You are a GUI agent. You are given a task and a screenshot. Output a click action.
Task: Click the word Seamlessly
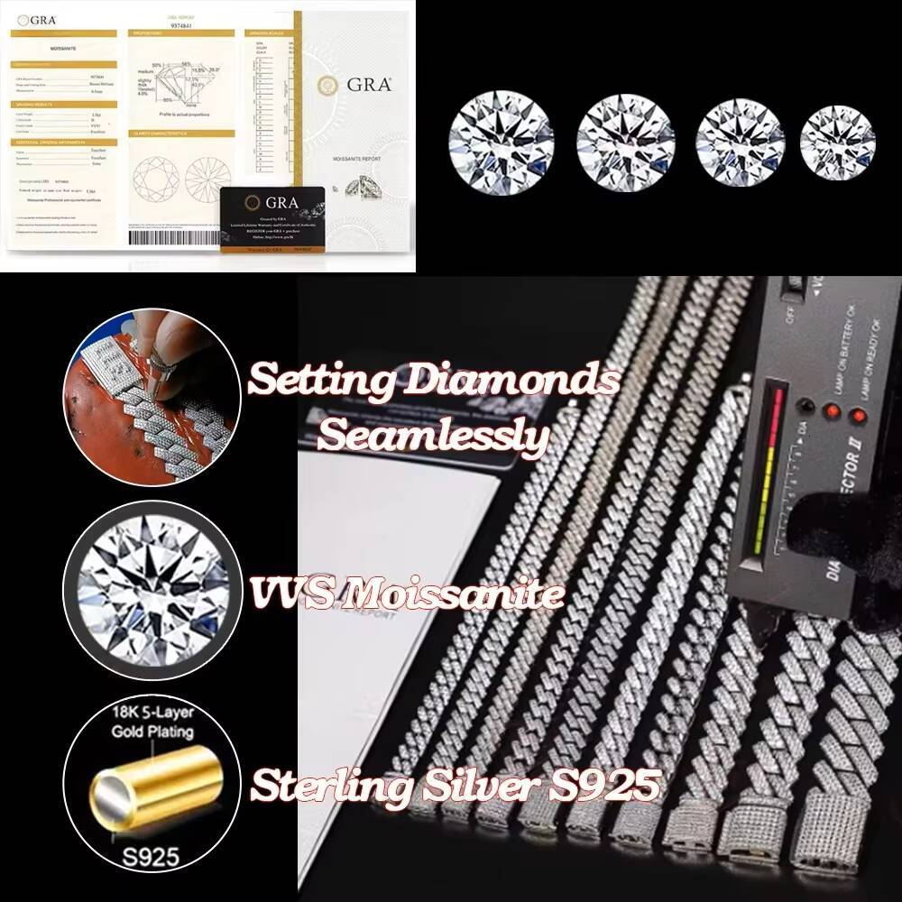coord(434,437)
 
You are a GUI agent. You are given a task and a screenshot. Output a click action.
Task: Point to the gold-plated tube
coord(150,784)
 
